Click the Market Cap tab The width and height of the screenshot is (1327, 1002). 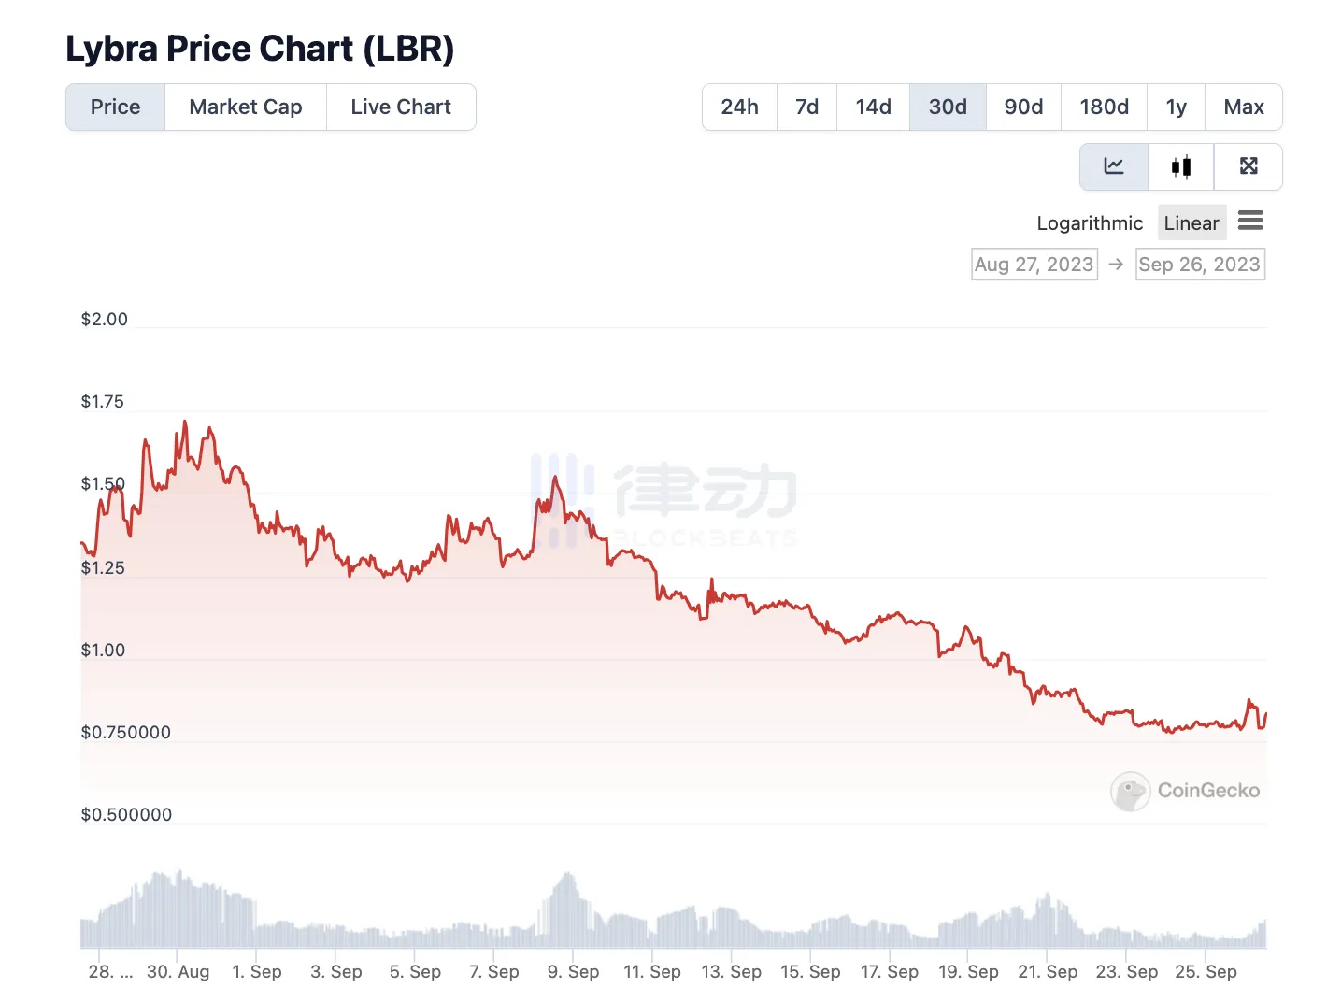point(245,107)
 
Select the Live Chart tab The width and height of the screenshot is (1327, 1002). point(401,107)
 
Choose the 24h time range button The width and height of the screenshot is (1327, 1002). point(739,107)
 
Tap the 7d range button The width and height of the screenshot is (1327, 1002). point(806,107)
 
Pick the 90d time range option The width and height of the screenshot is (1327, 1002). point(1023,107)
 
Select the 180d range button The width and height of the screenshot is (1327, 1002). point(1104,107)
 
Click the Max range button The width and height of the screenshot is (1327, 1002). point(1243,107)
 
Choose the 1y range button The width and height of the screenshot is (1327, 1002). point(1177,107)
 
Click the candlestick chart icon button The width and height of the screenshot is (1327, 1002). point(1181,166)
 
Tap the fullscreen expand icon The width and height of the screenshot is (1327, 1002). point(1249,166)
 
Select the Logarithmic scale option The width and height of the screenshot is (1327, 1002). point(1090,223)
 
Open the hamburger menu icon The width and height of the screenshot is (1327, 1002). point(1250,221)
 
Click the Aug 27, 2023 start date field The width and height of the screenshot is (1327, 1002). point(1034,265)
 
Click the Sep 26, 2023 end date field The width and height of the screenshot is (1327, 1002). point(1199,265)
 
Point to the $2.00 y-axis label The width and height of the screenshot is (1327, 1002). point(104,320)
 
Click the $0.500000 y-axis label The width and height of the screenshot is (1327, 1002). point(126,815)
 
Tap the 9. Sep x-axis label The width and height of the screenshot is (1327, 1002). point(573,972)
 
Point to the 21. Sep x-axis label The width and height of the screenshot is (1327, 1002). point(1048,972)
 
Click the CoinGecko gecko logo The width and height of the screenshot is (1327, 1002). point(1130,792)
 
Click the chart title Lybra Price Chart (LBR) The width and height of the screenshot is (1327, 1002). point(260,49)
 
